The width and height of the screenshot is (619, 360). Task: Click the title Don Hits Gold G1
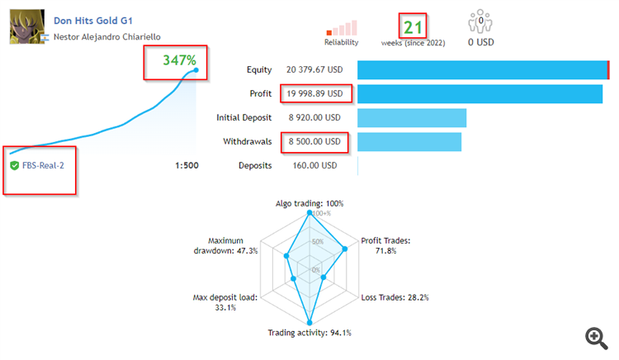click(x=92, y=19)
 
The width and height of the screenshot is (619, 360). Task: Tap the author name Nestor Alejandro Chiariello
click(x=106, y=36)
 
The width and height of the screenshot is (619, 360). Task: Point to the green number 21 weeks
click(x=413, y=26)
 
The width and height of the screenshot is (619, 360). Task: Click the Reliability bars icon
click(x=342, y=28)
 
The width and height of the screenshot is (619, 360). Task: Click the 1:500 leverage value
click(x=187, y=165)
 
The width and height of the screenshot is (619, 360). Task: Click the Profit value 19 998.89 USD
click(x=314, y=93)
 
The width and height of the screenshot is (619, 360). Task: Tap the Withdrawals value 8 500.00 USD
click(x=314, y=141)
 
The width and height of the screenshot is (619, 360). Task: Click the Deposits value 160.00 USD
click(x=311, y=165)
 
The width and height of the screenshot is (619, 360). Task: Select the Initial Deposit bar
click(x=412, y=117)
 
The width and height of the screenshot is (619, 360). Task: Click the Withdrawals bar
click(x=409, y=141)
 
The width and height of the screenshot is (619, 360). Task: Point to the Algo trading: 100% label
click(x=309, y=202)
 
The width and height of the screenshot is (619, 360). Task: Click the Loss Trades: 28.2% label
click(x=395, y=297)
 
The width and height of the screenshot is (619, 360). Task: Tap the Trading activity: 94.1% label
click(x=309, y=333)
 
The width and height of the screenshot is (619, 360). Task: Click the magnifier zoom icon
click(x=596, y=337)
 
